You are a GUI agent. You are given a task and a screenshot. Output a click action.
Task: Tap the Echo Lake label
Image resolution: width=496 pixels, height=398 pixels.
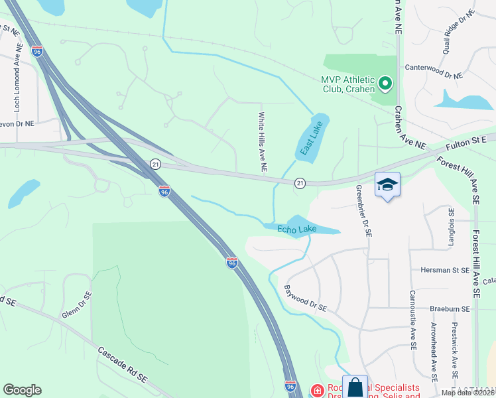(x=296, y=230)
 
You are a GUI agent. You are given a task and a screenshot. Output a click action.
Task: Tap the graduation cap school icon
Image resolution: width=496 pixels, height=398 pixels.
(x=387, y=185)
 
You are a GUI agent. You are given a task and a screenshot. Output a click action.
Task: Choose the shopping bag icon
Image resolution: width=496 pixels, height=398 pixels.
(x=355, y=387)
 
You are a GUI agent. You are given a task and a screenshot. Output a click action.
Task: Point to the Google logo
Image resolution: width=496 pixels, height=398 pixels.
(x=22, y=390)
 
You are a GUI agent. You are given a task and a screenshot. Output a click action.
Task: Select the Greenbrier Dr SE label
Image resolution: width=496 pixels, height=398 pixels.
(x=364, y=211)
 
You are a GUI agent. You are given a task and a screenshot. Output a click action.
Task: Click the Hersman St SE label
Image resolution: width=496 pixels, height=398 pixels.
(x=445, y=271)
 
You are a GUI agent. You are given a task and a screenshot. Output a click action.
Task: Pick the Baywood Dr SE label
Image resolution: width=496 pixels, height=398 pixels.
(x=306, y=298)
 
